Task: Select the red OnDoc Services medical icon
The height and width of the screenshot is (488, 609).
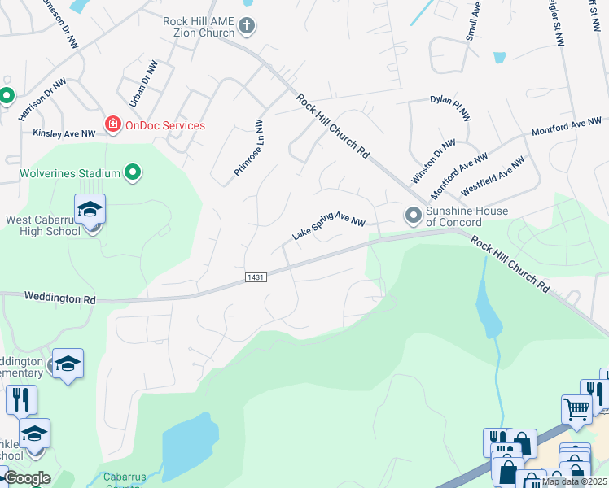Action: coord(112,124)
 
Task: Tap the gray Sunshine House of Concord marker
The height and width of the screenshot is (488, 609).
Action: coord(413,216)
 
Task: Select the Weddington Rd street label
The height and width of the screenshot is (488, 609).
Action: coord(59,298)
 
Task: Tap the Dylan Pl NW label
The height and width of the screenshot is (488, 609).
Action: coord(450,108)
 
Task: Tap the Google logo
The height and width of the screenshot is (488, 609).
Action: coord(27,478)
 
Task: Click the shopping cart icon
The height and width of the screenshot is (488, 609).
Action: coord(577,408)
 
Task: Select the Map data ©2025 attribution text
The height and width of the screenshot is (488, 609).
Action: coord(574,481)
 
